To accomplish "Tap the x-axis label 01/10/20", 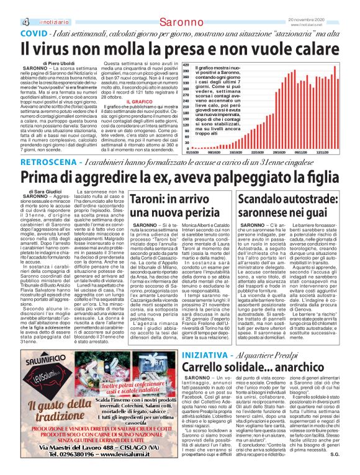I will point(192,151).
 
